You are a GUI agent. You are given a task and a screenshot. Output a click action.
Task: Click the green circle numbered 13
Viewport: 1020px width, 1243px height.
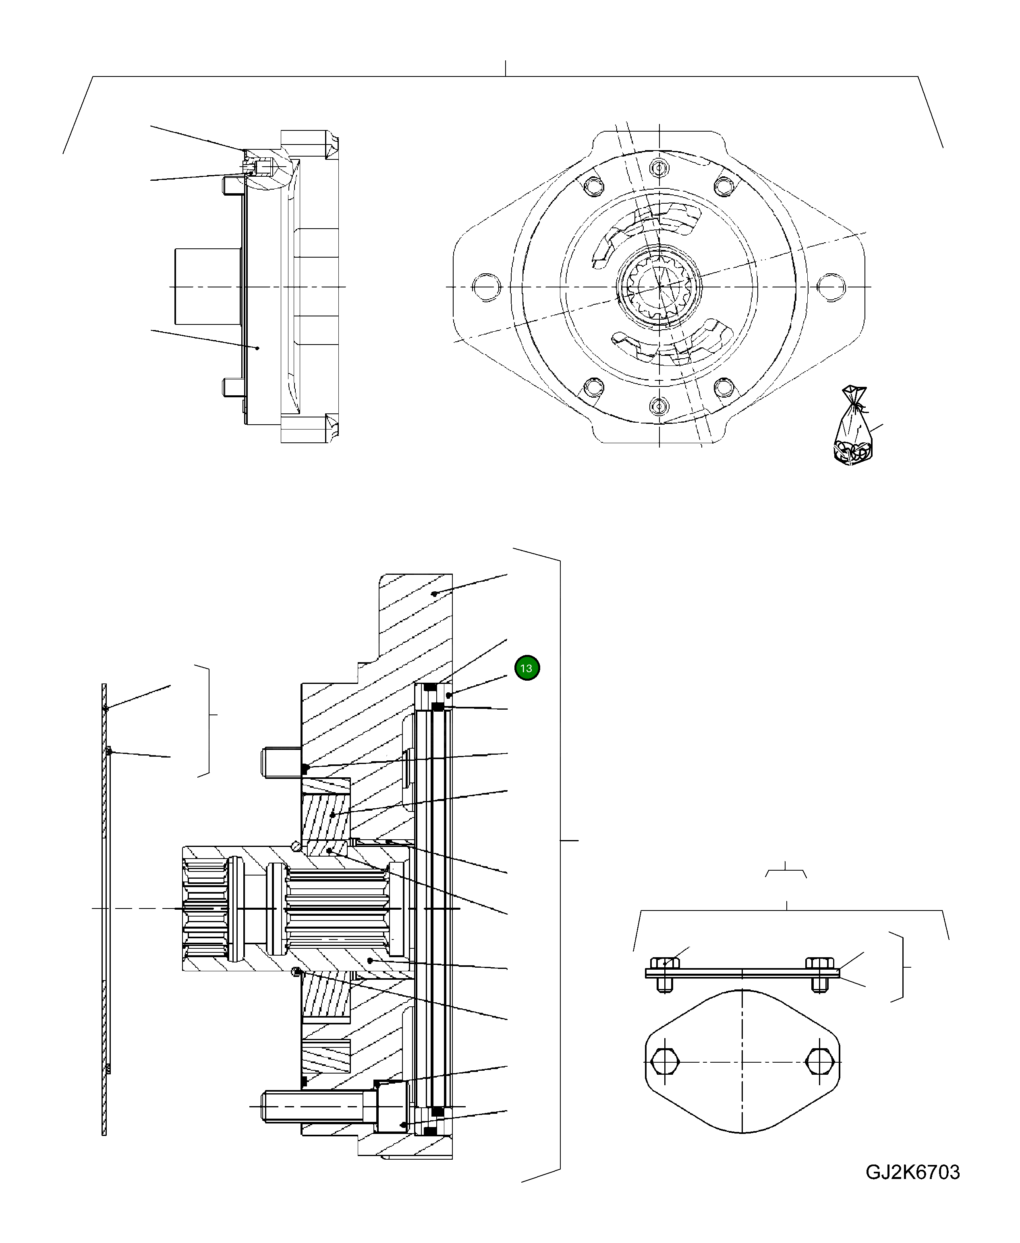pyautogui.click(x=527, y=668)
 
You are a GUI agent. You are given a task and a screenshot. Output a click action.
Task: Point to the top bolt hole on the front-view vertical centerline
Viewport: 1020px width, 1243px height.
pyautogui.click(x=659, y=169)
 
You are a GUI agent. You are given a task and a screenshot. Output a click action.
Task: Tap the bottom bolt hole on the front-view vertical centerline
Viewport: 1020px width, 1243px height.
pyautogui.click(x=659, y=405)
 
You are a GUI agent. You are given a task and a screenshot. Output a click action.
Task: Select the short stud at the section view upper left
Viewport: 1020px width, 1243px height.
pyautogui.click(x=281, y=762)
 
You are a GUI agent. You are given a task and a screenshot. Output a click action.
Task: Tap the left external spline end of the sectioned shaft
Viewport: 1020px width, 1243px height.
pyautogui.click(x=205, y=909)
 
